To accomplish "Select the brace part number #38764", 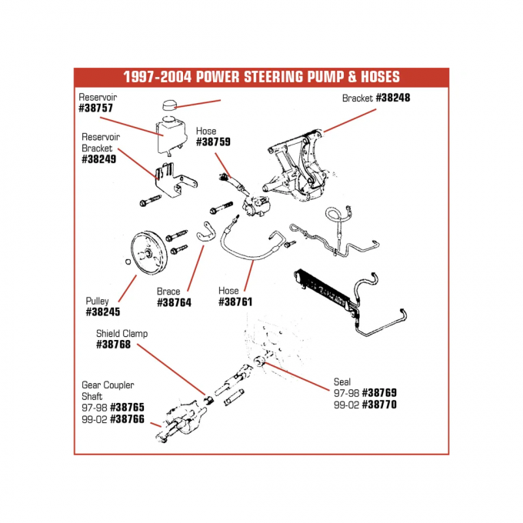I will click(174, 303).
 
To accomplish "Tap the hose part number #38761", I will click(237, 303).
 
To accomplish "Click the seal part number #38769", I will click(379, 392).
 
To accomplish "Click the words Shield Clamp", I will click(122, 334).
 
